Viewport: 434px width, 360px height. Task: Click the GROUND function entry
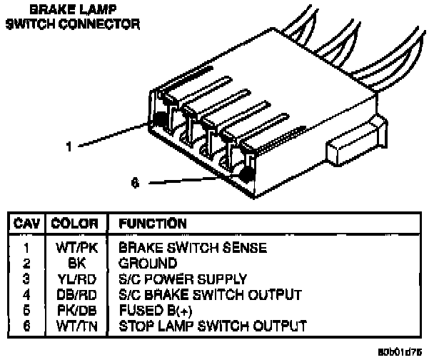[147, 263]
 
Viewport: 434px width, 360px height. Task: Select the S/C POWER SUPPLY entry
[182, 279]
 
